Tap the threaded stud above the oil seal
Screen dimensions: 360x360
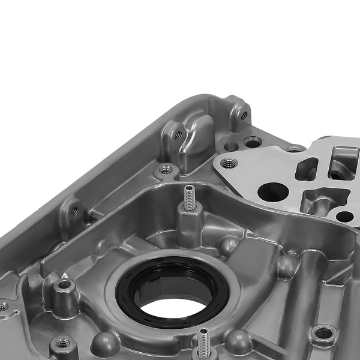189,198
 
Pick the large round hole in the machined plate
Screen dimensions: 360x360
273,193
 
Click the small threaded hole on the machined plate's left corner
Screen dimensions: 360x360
229,163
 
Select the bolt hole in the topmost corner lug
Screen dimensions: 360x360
243,115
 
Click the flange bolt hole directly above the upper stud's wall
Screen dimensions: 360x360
166,170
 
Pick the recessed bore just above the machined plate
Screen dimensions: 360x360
253,142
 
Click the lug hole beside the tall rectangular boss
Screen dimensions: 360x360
178,136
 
